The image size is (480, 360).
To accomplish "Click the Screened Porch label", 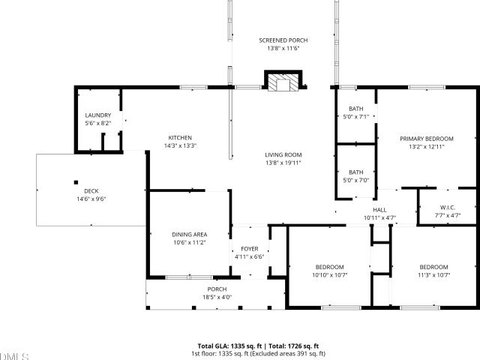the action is [283, 40].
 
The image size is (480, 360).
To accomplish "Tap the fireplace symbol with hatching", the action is [283, 81].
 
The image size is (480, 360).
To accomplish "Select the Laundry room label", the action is [98, 115].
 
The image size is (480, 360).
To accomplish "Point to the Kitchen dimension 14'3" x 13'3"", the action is [180, 145].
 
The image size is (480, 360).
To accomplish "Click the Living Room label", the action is [283, 155].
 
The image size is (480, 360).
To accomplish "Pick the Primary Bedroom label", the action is [427, 139].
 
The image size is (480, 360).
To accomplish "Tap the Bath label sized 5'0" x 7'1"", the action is [356, 109].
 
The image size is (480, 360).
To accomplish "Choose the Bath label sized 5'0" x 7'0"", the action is [356, 172].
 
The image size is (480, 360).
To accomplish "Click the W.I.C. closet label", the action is [448, 208].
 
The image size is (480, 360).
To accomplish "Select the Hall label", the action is [379, 210].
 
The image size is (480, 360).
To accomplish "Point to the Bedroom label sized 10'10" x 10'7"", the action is [330, 267].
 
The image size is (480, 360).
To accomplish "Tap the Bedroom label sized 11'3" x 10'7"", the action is [433, 267].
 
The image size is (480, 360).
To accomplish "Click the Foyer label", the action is [250, 249].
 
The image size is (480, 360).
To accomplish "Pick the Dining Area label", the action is [190, 235].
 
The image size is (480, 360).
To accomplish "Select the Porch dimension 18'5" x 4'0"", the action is [217, 297].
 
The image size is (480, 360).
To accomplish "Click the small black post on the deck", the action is [76, 182].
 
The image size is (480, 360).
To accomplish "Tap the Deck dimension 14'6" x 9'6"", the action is [91, 199].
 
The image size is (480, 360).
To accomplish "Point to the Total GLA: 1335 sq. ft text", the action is [229, 346].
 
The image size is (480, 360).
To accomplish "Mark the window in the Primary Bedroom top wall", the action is [427, 88].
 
